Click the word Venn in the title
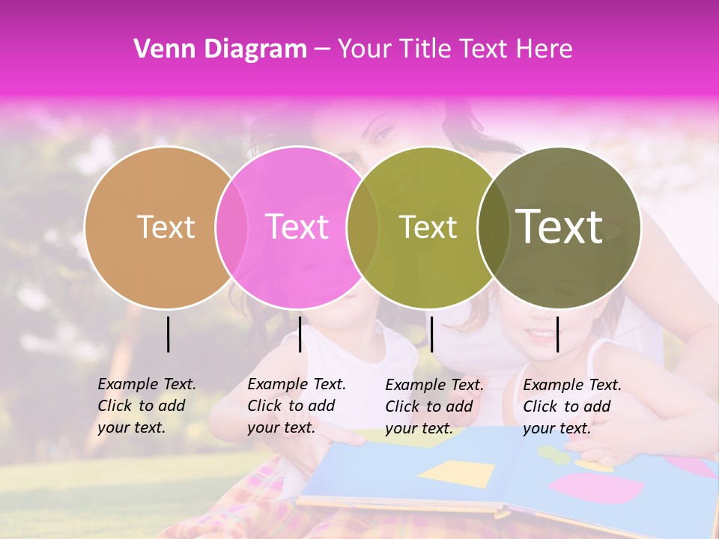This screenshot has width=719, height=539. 159,49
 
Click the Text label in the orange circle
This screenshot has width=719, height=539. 166,227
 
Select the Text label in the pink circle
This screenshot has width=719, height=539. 297,227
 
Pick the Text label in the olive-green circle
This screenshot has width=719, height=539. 428,227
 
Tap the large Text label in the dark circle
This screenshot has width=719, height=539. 559,227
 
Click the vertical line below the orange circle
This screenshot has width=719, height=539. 168,334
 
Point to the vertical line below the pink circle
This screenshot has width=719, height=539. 300,334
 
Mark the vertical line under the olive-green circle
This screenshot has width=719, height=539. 431,334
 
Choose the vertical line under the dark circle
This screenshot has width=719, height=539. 557,334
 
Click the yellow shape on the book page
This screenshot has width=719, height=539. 457,473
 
